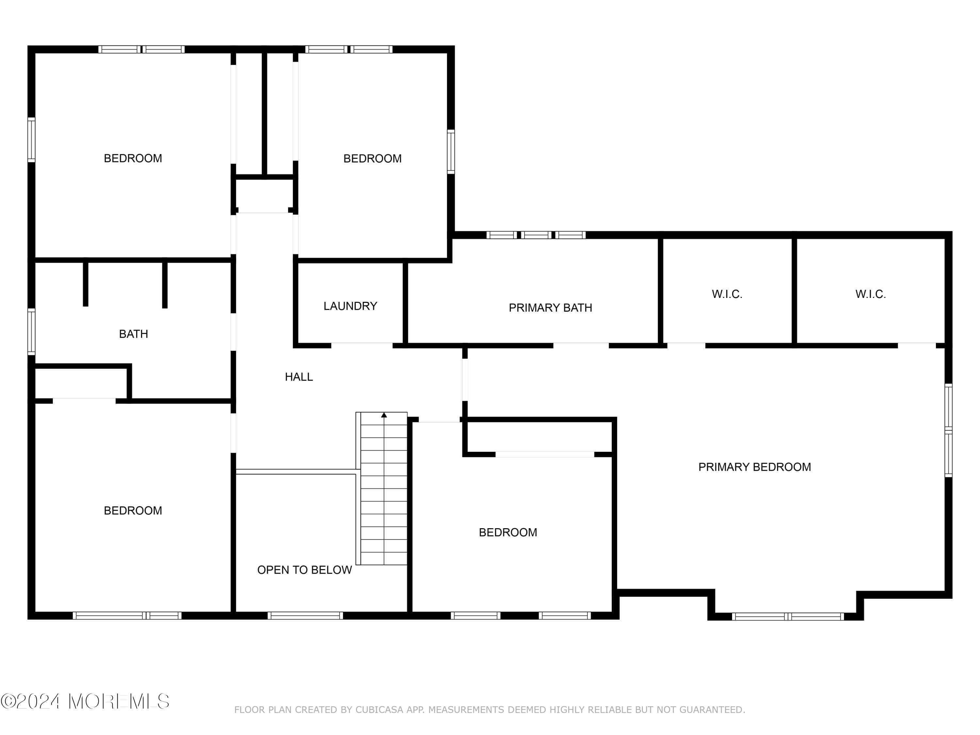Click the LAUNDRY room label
[x=350, y=306]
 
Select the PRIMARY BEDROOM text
[x=755, y=467]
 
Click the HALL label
[x=299, y=377]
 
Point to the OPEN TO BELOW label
[x=304, y=570]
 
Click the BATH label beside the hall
[x=133, y=334]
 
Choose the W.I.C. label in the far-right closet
[x=871, y=294]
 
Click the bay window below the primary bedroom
[x=788, y=616]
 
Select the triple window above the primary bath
[x=536, y=235]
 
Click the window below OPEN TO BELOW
[x=305, y=615]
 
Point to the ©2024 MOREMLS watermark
[x=85, y=701]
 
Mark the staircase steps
[x=384, y=489]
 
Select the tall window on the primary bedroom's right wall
[x=948, y=430]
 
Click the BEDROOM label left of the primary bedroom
[x=508, y=532]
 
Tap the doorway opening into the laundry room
[x=362, y=345]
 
